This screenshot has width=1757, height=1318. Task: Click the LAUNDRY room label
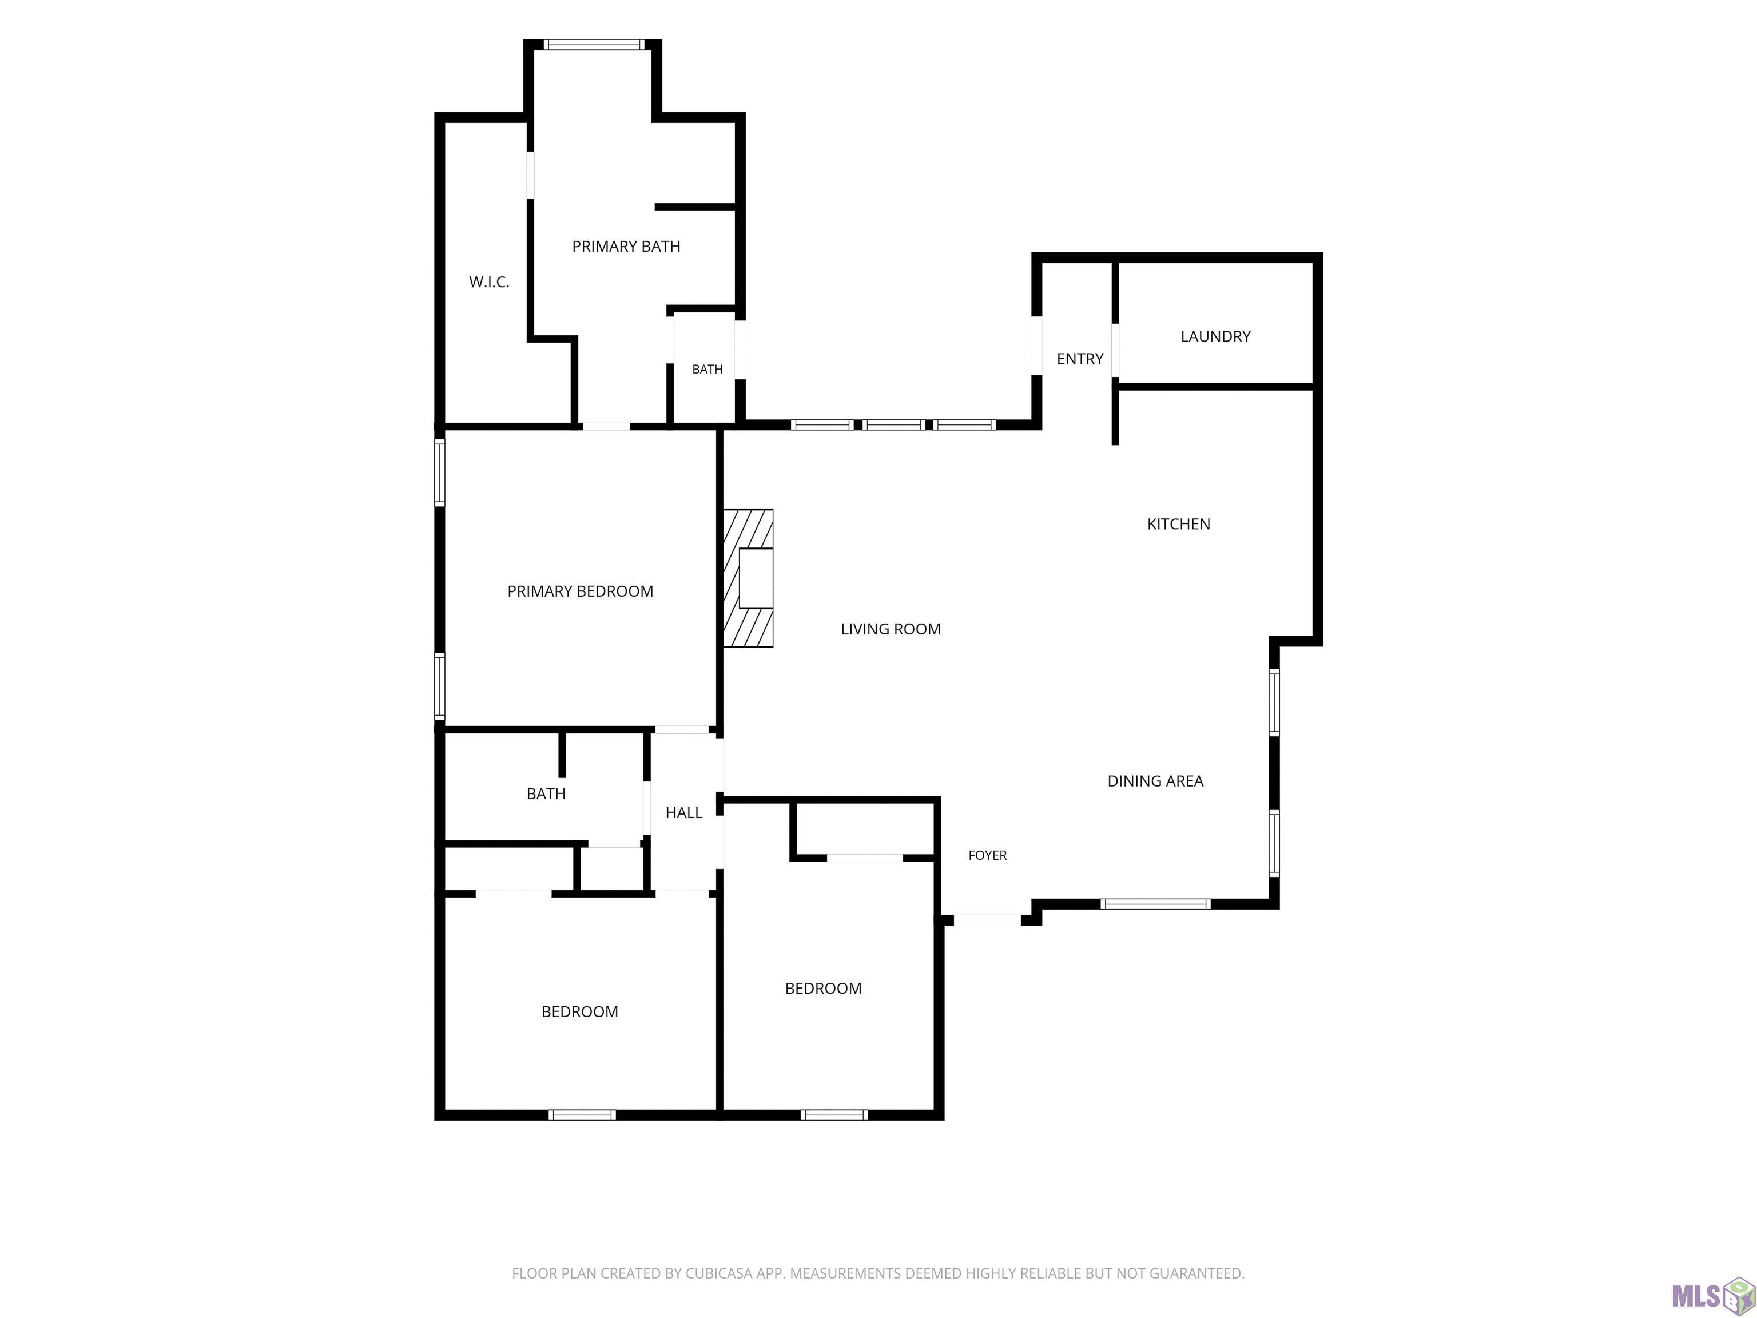point(1215,336)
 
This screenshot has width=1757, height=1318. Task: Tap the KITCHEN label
point(1179,523)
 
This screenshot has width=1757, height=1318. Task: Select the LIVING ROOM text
point(891,629)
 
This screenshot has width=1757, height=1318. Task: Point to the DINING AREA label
point(1155,781)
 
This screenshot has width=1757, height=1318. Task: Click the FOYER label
point(987,855)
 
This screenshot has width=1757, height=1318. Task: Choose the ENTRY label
point(1079,359)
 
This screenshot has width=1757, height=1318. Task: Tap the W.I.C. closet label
point(488,282)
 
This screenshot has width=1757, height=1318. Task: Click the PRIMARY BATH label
point(626,247)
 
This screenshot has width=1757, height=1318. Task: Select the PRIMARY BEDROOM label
point(580,591)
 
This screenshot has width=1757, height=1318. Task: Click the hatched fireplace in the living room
point(748,578)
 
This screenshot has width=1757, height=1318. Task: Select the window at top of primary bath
point(594,45)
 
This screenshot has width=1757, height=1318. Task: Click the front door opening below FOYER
point(987,920)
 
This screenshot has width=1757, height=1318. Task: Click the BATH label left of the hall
point(546,793)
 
